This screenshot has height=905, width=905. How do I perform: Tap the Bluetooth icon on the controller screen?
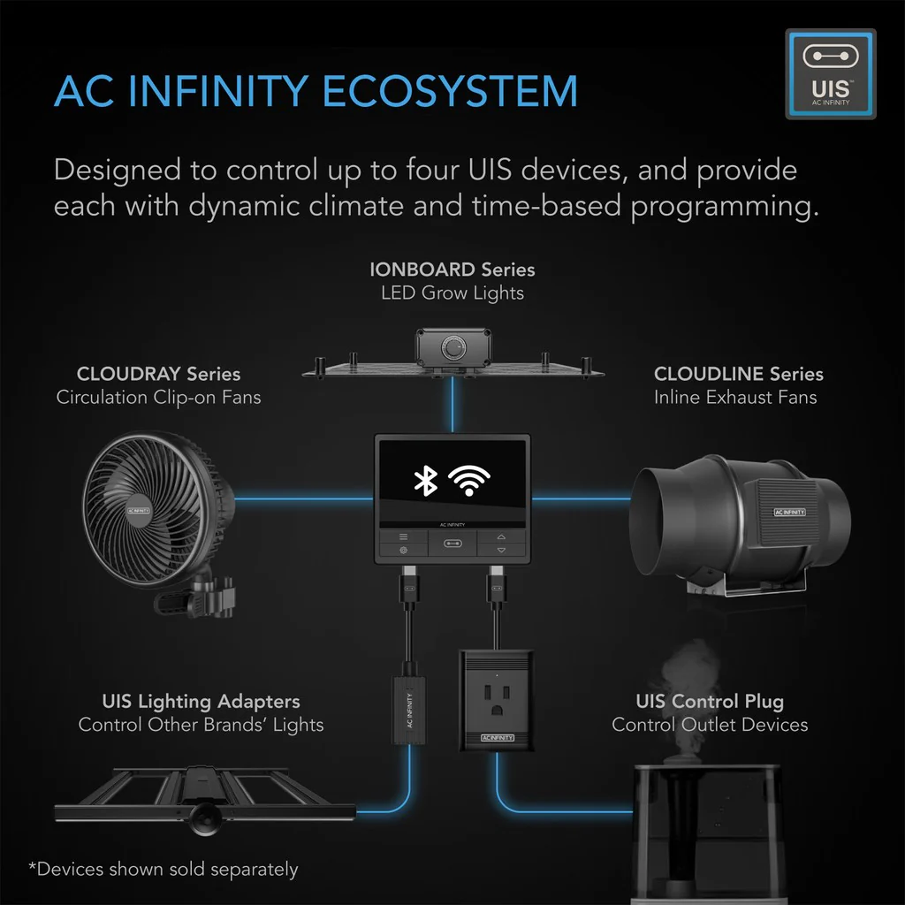click(x=426, y=480)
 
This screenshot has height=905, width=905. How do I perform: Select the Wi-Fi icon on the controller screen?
click(x=469, y=480)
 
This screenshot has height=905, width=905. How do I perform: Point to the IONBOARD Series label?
click(x=452, y=269)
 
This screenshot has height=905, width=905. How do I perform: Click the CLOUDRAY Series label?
click(x=158, y=374)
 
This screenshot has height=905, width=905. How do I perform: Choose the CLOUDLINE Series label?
click(x=738, y=374)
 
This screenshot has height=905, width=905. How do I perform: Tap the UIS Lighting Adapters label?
click(x=201, y=702)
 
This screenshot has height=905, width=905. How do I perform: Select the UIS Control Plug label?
click(x=709, y=702)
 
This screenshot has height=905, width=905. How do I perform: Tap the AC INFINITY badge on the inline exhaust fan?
click(x=789, y=512)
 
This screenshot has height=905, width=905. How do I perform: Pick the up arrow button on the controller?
click(x=501, y=536)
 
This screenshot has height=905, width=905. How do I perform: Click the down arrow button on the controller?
click(x=501, y=550)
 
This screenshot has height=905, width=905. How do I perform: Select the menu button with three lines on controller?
click(x=403, y=536)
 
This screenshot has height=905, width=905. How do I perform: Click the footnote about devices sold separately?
click(x=164, y=869)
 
